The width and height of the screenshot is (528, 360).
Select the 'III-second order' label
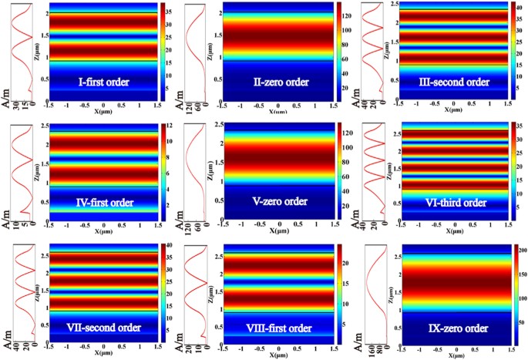[453, 82]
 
